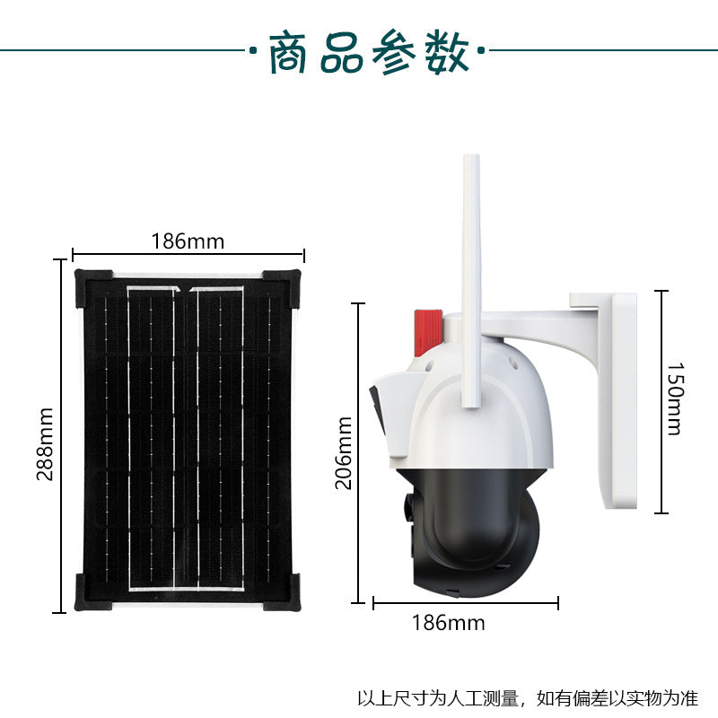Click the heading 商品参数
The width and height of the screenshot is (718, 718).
click(x=369, y=53)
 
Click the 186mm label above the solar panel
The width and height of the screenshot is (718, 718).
click(x=188, y=241)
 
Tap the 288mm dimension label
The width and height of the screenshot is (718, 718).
click(x=45, y=443)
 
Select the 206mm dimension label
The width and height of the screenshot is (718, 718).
click(x=344, y=453)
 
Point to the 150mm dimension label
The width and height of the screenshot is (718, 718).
click(x=675, y=398)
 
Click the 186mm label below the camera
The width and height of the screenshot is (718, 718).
click(x=448, y=623)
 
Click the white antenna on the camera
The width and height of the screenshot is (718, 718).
click(x=471, y=281)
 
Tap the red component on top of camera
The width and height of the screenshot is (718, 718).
click(x=428, y=333)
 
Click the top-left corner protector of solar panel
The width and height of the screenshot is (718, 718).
click(x=93, y=287)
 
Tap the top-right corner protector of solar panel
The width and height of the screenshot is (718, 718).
click(x=282, y=288)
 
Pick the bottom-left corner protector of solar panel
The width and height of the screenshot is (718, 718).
click(x=93, y=591)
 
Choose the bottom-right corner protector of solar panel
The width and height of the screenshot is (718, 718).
click(x=282, y=591)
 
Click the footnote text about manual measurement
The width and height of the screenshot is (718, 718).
click(x=528, y=698)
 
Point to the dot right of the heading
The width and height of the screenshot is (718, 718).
click(x=481, y=50)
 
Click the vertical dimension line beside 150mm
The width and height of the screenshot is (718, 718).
click(x=661, y=401)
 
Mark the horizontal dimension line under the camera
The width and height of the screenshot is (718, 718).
click(x=466, y=603)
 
